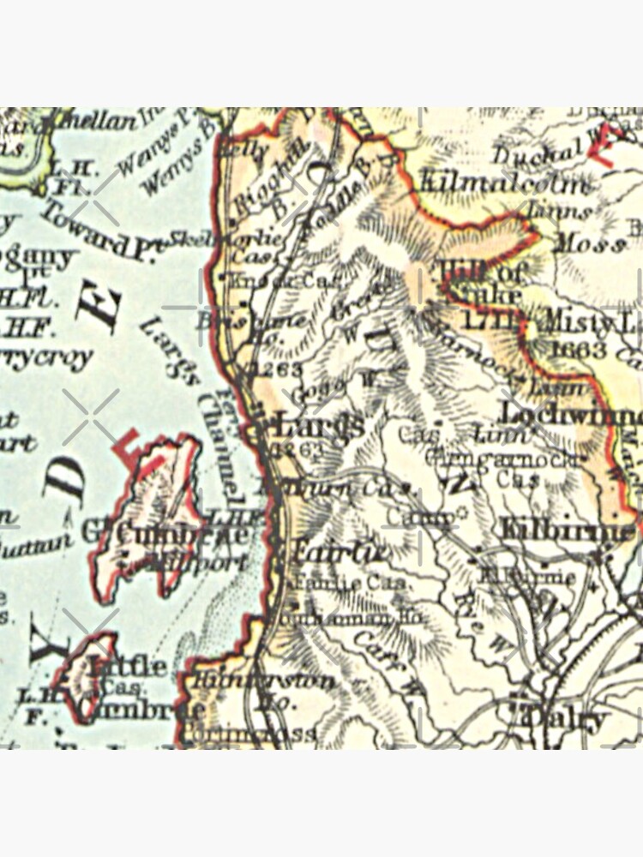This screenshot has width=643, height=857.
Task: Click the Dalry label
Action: pyautogui.click(x=566, y=718)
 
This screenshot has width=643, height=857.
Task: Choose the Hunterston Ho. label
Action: pyautogui.click(x=266, y=690)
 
